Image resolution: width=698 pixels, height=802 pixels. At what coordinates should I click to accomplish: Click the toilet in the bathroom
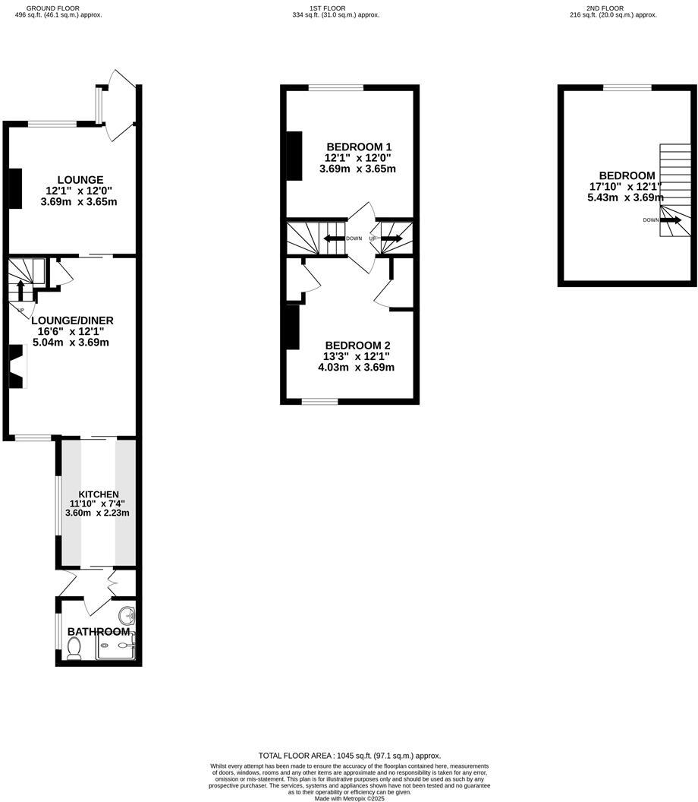[74, 647]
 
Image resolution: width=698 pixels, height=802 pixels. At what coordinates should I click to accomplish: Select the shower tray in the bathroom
[117, 646]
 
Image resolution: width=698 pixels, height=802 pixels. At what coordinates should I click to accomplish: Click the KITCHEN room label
[99, 494]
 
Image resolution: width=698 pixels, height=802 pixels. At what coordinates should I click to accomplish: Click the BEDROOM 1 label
[360, 147]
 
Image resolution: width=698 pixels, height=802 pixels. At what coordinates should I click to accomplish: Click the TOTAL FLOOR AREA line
[349, 756]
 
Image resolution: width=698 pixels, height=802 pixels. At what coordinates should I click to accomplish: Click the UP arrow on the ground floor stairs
[21, 289]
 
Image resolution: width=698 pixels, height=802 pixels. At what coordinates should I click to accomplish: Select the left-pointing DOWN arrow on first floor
[332, 238]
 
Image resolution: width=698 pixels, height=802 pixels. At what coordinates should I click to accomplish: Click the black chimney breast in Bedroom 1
[294, 156]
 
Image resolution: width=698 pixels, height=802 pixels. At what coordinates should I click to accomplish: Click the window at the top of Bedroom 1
[335, 88]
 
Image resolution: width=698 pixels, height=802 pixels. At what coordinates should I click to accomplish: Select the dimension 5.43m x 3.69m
[624, 197]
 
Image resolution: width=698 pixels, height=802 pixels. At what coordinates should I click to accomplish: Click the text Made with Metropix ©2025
[349, 798]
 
